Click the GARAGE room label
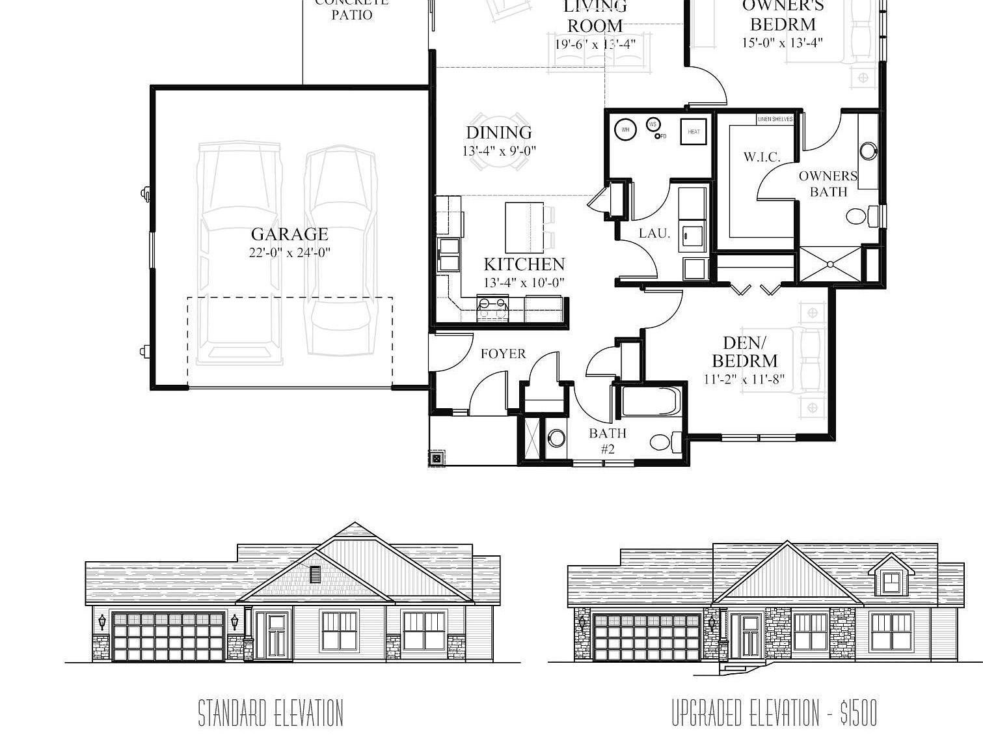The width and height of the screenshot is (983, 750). [x=290, y=234]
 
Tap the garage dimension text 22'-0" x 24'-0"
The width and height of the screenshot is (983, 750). [x=290, y=253]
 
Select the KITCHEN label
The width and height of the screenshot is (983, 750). [x=524, y=264]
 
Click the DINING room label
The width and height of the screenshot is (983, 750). [x=499, y=133]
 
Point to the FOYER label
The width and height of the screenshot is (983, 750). [x=503, y=354]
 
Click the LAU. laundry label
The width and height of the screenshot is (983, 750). [x=654, y=233]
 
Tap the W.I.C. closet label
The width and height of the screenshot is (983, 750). [x=761, y=157]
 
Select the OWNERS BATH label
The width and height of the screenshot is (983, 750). [x=828, y=184]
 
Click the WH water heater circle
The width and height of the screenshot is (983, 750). [x=625, y=130]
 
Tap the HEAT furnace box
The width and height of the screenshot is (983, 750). [x=693, y=132]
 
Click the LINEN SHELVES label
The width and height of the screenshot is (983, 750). [x=775, y=119]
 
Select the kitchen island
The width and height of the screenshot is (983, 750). [x=524, y=227]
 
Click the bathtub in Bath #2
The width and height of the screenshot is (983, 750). [x=651, y=401]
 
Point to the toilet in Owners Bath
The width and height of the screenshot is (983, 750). [x=860, y=215]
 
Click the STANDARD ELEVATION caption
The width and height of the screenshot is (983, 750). [x=271, y=713]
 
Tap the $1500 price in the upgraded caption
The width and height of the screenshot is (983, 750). [x=858, y=713]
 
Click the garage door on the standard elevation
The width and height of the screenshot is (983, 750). [x=168, y=636]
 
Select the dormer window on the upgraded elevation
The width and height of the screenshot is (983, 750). [x=891, y=580]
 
